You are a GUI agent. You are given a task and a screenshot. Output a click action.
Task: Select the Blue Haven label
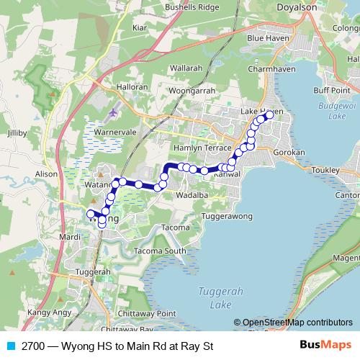[x=266, y=37]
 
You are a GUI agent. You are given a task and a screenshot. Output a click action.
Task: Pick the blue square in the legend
[x=11, y=346]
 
